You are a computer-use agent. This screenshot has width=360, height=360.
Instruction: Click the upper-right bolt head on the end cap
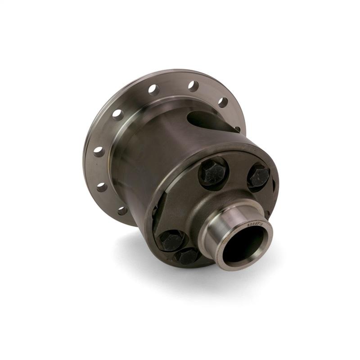259,176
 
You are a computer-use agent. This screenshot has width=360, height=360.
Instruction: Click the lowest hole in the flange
122,210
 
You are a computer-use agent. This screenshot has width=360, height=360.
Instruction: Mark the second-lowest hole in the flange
102,186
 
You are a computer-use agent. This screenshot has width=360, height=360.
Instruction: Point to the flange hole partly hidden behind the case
238,129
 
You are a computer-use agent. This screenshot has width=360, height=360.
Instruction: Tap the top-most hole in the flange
193,86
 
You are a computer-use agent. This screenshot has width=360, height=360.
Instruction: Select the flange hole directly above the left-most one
118,115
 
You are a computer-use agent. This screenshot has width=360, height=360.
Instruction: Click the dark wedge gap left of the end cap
154,211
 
